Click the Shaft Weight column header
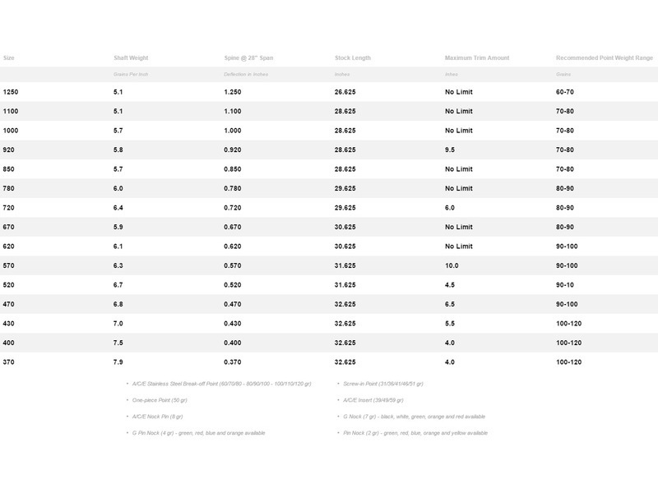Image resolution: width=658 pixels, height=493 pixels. pos(131,58)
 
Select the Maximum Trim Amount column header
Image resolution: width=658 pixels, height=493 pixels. pos(476,58)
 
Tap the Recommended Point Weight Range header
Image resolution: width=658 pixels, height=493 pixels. pos(604,58)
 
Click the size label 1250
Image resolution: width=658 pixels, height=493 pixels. pos(12,92)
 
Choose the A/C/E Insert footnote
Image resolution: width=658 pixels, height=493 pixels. pos(373,400)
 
